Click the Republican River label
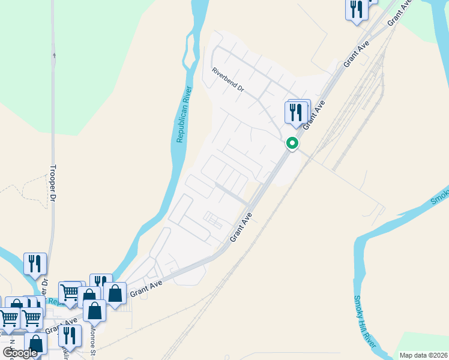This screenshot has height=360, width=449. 184,115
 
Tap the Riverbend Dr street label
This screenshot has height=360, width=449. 228,79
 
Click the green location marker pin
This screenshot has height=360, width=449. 292,144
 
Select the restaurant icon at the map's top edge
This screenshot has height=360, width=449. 357,10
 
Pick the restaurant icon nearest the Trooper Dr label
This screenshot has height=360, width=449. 35,263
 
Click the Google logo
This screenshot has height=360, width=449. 20,352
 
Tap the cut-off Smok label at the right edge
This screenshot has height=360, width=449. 440,195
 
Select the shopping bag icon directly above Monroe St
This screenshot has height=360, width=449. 95,311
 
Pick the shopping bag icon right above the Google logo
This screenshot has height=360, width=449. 35,344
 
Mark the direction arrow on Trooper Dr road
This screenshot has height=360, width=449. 53,58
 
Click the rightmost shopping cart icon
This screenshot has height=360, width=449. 71,293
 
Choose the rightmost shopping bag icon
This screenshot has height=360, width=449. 115,293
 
